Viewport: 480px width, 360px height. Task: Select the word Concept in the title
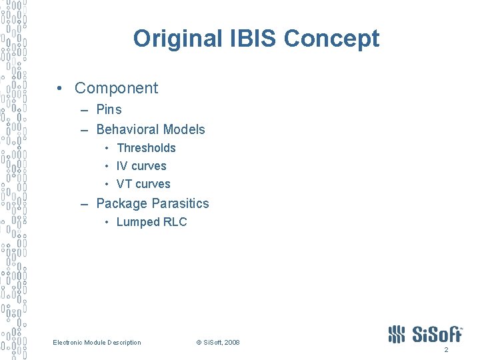[x=331, y=39]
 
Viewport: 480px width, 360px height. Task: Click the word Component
[x=117, y=88]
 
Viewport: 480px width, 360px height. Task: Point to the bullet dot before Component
[x=61, y=88]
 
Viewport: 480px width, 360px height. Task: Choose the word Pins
[x=109, y=109]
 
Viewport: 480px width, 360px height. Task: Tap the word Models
[x=183, y=129]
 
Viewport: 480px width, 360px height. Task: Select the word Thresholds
[x=146, y=148]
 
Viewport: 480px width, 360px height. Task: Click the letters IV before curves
[x=122, y=166]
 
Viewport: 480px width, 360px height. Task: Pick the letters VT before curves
[x=124, y=184]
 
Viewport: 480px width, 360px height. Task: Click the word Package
[x=122, y=203]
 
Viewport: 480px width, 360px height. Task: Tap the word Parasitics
[x=180, y=203]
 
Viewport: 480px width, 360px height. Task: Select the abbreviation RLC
[x=176, y=222]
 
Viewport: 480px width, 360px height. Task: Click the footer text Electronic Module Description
[x=97, y=343]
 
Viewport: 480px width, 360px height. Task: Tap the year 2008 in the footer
[x=232, y=343]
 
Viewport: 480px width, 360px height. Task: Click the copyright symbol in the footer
[x=199, y=343]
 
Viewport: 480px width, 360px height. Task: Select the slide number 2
[x=446, y=350]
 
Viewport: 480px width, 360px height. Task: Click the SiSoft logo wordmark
[x=436, y=334]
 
